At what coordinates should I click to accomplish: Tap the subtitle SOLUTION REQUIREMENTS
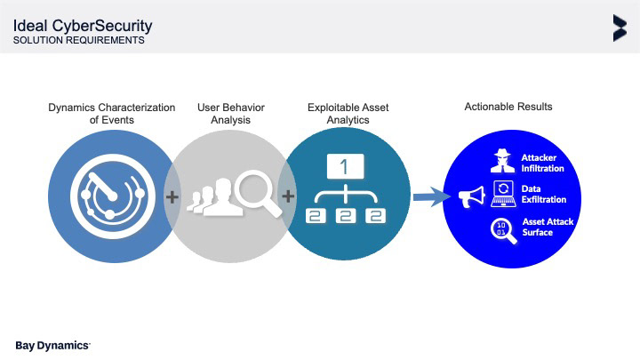(79, 40)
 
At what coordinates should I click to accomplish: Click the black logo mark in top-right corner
(619, 28)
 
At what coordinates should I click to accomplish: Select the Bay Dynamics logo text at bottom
(53, 344)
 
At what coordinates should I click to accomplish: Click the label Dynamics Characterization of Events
(111, 113)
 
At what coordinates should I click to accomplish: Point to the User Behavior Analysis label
(230, 113)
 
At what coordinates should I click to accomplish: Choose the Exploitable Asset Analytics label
(348, 113)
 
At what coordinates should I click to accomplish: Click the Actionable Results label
(508, 107)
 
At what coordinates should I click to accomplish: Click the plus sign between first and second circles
(172, 195)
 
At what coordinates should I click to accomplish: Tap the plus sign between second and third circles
(287, 195)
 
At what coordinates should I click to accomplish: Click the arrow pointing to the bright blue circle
(431, 196)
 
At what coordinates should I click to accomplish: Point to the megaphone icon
(471, 196)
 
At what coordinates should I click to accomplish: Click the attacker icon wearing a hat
(503, 163)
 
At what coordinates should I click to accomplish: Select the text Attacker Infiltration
(539, 163)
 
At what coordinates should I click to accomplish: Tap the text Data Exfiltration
(543, 195)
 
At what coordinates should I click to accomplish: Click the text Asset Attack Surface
(538, 228)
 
